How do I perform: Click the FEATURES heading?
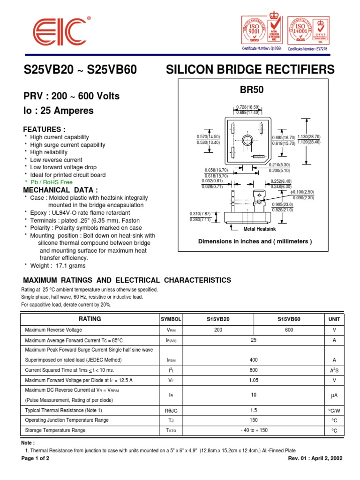point(45,129)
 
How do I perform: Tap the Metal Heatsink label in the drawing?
point(260,229)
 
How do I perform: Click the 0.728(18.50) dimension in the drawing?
point(248,107)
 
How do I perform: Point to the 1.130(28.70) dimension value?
point(309,136)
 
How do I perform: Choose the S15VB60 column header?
point(289,319)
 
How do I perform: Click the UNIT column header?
point(334,319)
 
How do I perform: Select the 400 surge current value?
point(254,360)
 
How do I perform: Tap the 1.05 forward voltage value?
point(254,380)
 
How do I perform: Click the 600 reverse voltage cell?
point(289,330)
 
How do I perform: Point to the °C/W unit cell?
point(334,410)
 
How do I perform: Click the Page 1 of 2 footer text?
point(35,458)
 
